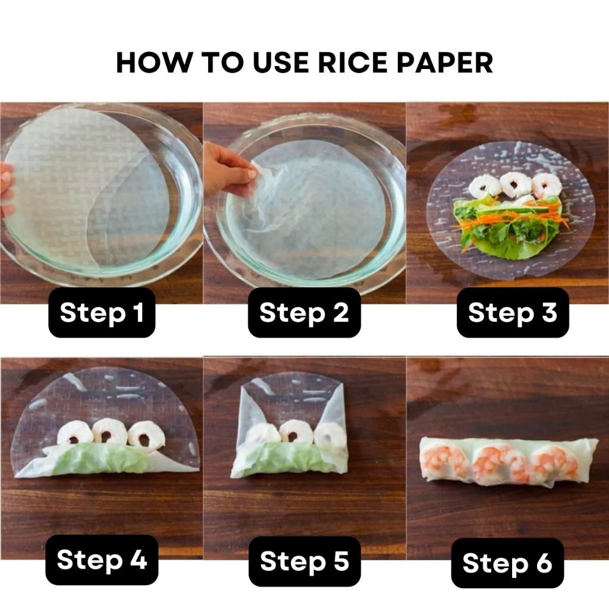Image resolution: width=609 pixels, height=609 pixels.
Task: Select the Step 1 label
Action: point(102,313)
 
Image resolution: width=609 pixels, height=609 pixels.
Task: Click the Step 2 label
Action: point(304,313)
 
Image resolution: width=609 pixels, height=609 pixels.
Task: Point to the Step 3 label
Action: point(513,313)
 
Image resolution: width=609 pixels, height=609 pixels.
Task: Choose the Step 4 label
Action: point(102,560)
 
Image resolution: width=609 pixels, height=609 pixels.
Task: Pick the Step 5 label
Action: point(304,561)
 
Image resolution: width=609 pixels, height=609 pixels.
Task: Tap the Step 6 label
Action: point(507,563)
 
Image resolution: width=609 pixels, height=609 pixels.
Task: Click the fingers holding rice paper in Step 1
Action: point(7,190)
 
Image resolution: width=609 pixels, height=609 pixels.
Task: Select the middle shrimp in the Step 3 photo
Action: point(516,185)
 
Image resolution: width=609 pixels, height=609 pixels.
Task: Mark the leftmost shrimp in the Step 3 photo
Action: point(484,186)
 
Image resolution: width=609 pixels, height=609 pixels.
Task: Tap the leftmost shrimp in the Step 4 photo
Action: point(76,434)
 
